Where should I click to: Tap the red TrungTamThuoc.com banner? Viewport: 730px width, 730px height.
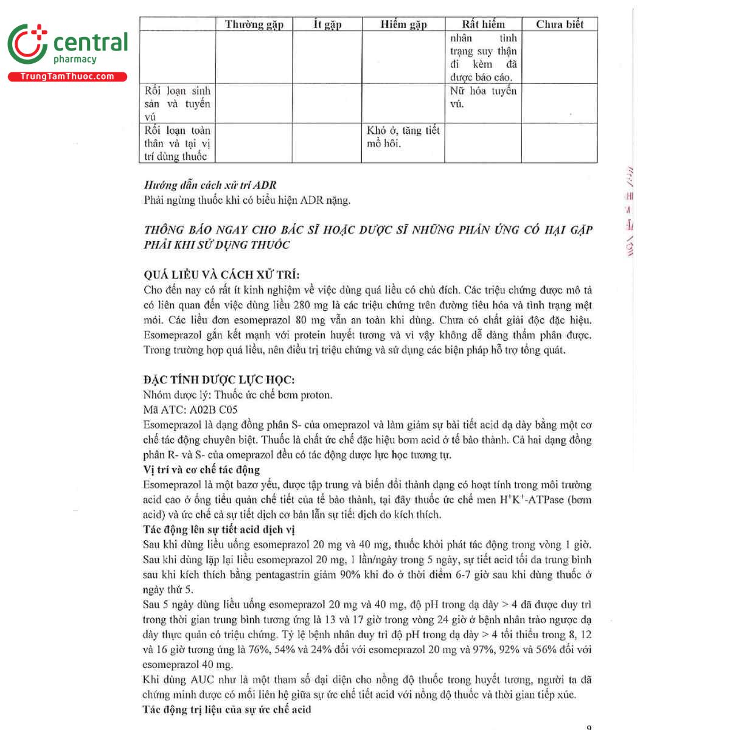67,77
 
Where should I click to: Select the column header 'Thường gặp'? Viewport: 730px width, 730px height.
254,24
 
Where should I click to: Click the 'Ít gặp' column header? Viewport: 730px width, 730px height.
327,24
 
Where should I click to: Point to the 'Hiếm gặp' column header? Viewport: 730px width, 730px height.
403,24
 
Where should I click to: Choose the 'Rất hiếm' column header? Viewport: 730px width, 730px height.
483,24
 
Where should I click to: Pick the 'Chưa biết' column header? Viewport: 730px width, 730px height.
559,24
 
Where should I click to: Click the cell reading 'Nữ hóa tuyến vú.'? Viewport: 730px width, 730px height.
483,97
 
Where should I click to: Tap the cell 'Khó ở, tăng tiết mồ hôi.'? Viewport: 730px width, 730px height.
403,137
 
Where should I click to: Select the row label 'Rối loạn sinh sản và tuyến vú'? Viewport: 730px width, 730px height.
177,103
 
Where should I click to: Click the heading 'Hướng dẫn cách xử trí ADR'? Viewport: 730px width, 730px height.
210,185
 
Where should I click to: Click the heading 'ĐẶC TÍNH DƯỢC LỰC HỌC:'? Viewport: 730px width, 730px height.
219,380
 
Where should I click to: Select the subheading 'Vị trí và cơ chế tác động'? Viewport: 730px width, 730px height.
201,470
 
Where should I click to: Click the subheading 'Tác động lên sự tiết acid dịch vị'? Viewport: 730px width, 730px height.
219,530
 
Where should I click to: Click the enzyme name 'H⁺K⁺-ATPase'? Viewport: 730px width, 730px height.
528,500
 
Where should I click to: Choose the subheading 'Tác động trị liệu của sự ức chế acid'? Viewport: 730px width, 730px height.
227,709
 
